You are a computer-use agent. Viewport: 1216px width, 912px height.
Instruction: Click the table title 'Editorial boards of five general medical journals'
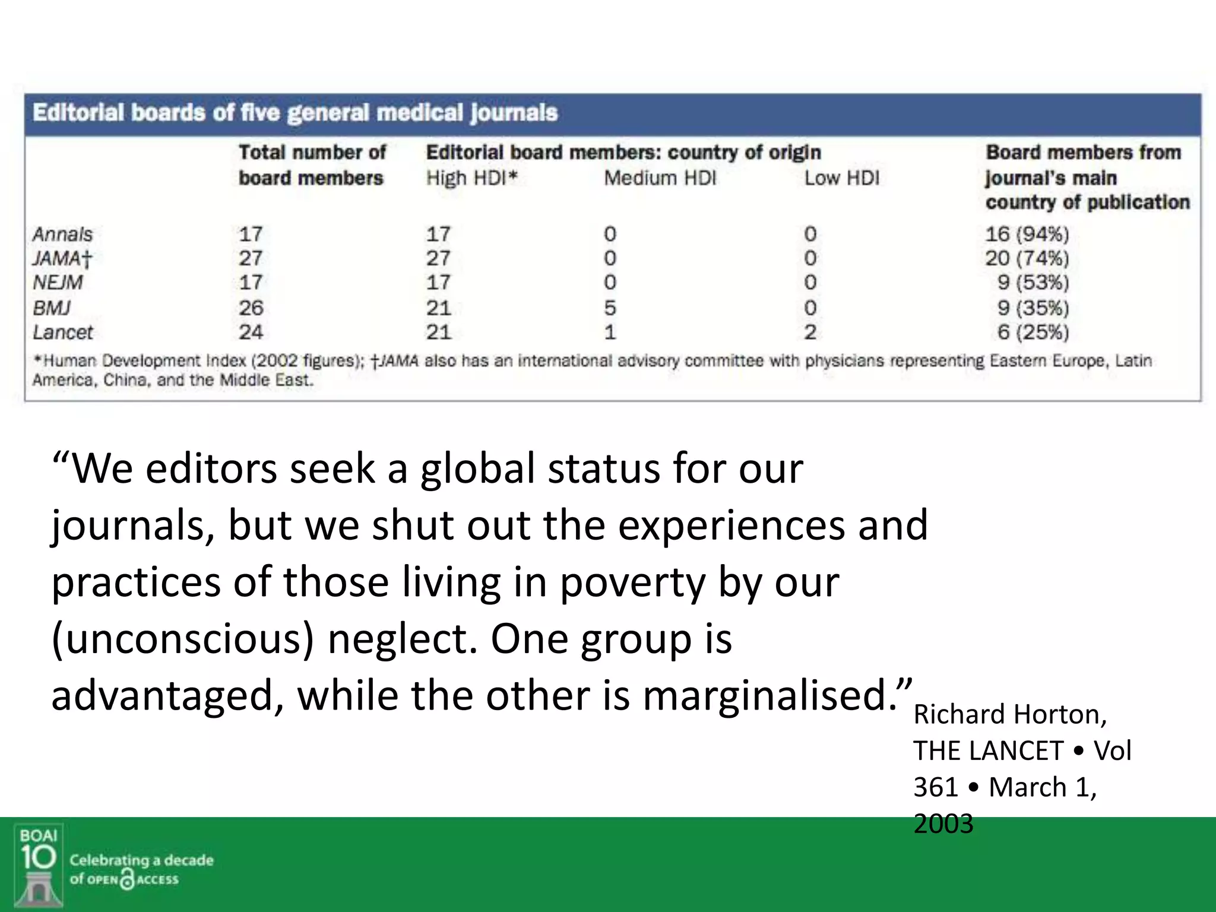click(x=295, y=113)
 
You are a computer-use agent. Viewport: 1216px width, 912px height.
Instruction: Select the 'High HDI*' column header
click(x=471, y=178)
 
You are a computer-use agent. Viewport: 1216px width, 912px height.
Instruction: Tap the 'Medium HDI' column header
click(x=660, y=178)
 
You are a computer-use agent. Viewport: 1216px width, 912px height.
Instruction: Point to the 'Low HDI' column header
click(x=841, y=178)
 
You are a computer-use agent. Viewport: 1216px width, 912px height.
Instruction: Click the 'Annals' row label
click(x=62, y=235)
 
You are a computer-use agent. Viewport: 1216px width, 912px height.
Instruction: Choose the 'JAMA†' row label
click(x=62, y=259)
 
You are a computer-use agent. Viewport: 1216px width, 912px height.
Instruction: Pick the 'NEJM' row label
click(x=58, y=283)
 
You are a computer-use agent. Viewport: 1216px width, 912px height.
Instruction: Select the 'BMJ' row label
click(x=52, y=308)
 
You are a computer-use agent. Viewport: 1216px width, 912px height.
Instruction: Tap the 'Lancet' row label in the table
click(x=63, y=332)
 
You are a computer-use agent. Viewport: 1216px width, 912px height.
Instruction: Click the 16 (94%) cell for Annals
click(x=1027, y=235)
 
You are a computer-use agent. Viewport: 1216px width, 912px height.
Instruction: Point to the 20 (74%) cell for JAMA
click(x=1027, y=259)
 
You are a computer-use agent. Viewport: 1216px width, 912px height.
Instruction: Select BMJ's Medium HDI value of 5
click(x=610, y=308)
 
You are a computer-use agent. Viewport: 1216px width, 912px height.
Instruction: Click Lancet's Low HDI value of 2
click(x=810, y=332)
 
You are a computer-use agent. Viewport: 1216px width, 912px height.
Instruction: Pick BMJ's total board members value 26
click(x=251, y=308)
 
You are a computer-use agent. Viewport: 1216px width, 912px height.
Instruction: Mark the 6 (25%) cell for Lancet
click(x=1033, y=332)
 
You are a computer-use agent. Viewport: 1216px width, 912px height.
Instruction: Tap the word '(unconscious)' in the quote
click(x=182, y=639)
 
